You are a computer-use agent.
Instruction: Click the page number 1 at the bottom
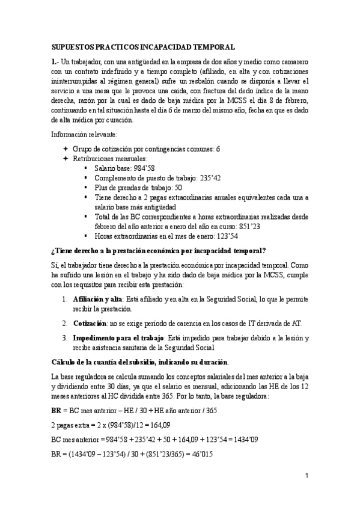point(306,476)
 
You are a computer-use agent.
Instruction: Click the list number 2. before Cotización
point(66,323)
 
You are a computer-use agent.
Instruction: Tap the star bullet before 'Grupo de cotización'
point(66,149)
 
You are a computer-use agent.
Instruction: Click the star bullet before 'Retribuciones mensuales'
point(66,159)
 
